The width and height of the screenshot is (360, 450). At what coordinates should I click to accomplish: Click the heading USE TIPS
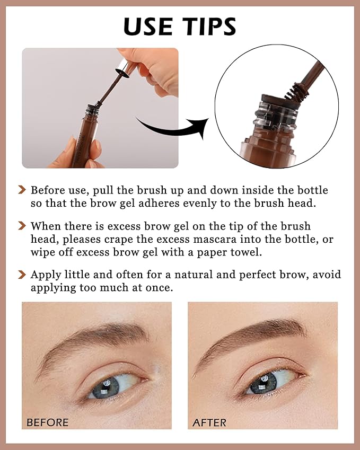coord(180,26)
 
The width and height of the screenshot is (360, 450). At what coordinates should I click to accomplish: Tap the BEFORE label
coord(48,422)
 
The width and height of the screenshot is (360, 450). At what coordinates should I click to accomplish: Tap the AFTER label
coord(209,422)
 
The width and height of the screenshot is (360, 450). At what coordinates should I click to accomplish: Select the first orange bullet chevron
coord(22,189)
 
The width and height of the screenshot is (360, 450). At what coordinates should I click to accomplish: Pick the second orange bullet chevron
coord(22,226)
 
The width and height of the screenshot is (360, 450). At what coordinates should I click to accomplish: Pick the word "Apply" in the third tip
coord(45,275)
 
